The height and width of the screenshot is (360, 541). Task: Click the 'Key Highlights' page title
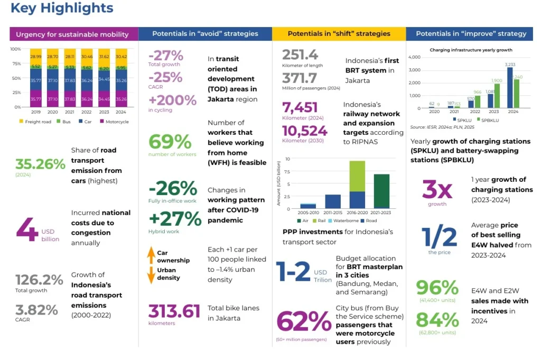tap(62, 8)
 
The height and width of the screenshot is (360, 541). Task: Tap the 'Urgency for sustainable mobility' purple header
tap(72, 34)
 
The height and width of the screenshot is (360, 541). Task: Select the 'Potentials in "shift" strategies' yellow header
tap(339, 34)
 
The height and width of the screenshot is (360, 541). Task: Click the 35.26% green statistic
tap(40, 164)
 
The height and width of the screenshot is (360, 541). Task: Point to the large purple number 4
tap(26, 227)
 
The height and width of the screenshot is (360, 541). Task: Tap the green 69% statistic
tap(170, 142)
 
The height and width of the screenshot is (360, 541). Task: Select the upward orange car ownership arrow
tap(151, 256)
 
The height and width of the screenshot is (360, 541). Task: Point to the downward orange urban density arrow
tap(151, 275)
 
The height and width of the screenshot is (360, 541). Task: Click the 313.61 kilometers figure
tap(174, 311)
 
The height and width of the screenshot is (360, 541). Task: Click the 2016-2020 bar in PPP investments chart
tap(357, 184)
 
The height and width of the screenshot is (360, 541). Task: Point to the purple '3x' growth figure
tap(437, 189)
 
